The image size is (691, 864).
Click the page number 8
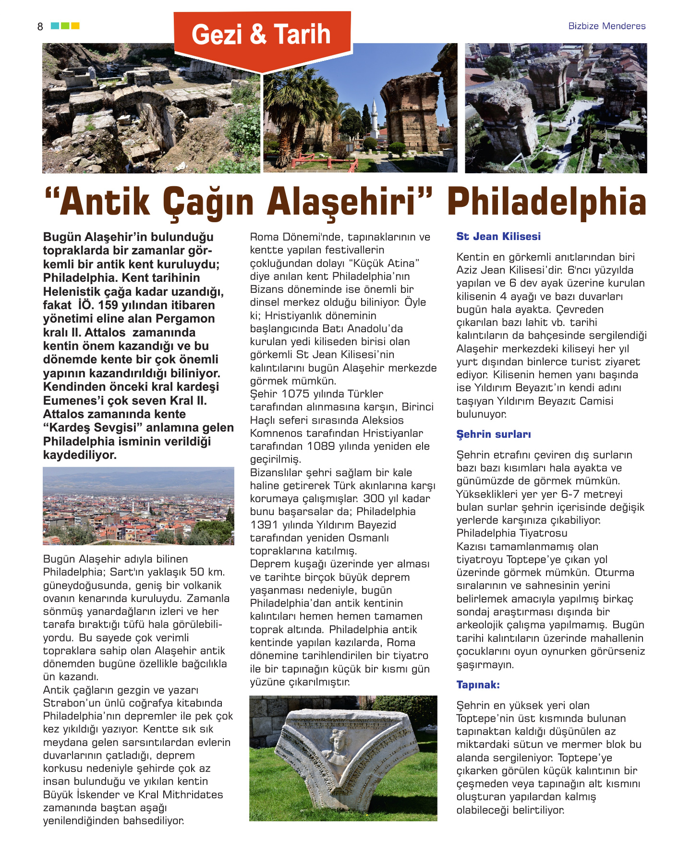coord(40,27)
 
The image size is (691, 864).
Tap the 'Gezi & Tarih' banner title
coord(261,35)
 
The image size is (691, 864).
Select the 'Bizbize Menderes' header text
coord(606,26)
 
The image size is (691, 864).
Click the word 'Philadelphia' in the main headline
coord(546,203)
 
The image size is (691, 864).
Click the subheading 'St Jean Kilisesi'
coord(498,236)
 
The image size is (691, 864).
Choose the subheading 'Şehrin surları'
coord(494,434)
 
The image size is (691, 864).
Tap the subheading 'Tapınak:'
coord(478,685)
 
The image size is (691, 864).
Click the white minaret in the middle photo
coord(374,118)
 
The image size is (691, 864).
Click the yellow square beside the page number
coord(75,26)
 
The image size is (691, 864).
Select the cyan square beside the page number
coord(55,26)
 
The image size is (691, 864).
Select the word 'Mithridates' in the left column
coord(193,795)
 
